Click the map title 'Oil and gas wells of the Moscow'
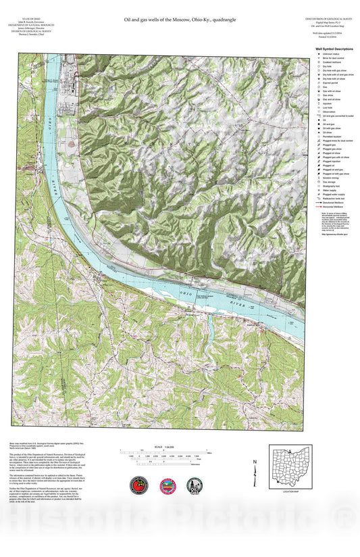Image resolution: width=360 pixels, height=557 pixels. point(179,21)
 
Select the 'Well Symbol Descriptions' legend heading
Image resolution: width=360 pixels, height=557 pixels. point(334,49)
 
